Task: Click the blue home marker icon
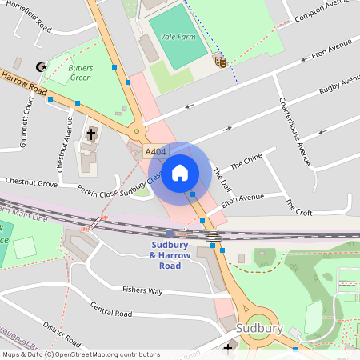(180, 172)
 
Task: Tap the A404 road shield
(155, 151)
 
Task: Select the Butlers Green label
(81, 73)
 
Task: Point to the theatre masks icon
(221, 60)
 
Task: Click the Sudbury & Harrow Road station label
(170, 250)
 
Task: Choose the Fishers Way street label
(142, 290)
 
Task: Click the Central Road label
(110, 310)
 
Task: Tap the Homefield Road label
(28, 18)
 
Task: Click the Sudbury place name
(260, 328)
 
